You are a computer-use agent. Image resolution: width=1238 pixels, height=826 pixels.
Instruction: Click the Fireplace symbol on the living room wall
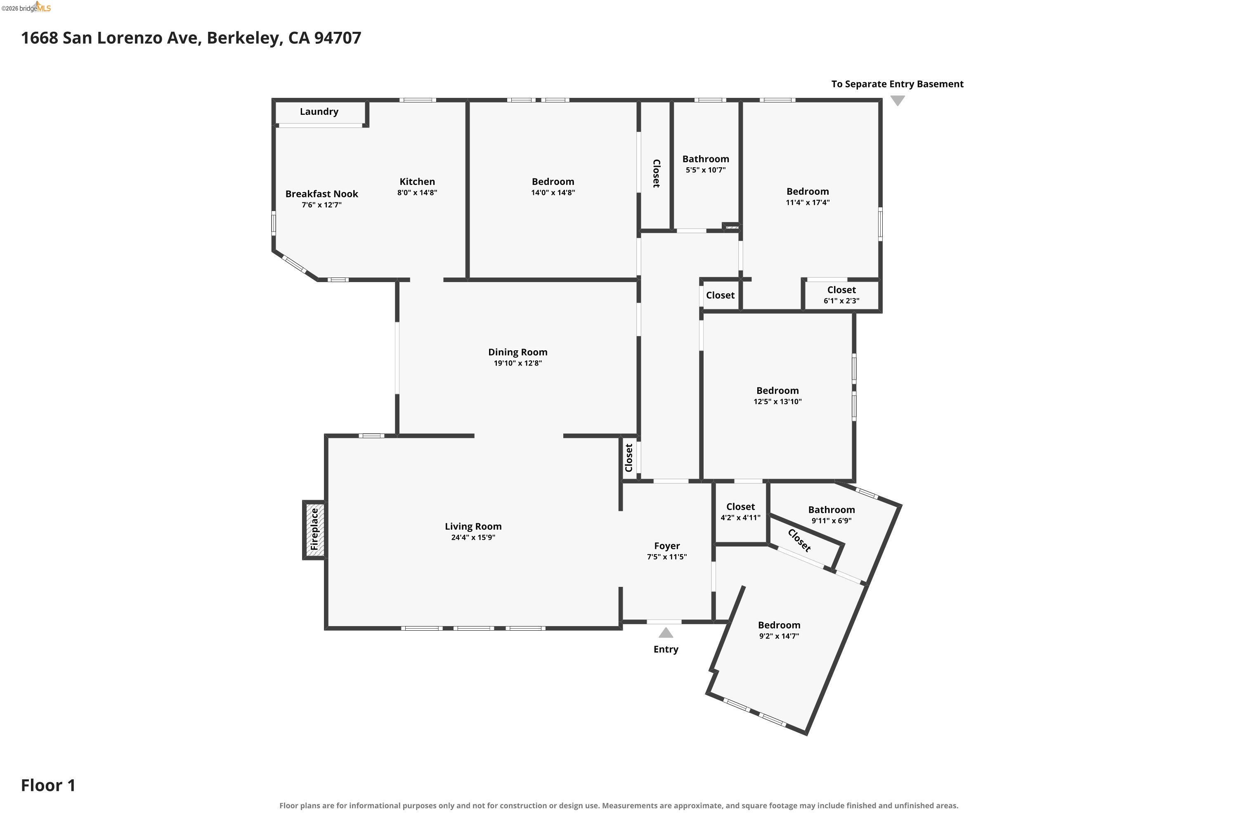click(x=314, y=529)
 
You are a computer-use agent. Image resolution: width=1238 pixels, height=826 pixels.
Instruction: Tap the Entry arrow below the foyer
click(x=666, y=633)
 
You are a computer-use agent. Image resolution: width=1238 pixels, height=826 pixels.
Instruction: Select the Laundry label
click(x=319, y=112)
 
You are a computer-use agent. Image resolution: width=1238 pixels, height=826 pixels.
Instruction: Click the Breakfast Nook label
click(x=321, y=194)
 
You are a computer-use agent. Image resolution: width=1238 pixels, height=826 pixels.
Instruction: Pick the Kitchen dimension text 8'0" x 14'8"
click(x=417, y=193)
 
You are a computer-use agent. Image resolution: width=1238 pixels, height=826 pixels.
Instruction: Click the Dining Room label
click(x=517, y=352)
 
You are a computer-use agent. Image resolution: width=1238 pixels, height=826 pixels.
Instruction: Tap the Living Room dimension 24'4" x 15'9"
click(x=473, y=537)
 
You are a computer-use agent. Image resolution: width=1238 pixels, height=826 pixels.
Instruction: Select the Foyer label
click(x=667, y=546)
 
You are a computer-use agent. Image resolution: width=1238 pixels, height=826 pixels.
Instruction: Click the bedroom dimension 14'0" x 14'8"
click(x=553, y=193)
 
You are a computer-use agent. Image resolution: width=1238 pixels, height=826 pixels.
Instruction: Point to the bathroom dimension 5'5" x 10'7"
click(x=705, y=170)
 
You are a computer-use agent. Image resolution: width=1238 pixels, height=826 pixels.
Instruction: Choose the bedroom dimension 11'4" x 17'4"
click(x=808, y=202)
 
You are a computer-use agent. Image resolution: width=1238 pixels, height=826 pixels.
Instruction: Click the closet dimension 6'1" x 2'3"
click(x=841, y=301)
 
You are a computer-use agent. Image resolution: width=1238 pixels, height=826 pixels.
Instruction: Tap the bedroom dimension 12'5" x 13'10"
click(x=777, y=401)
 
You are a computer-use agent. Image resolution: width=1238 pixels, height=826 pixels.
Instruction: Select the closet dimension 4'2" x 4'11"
click(x=740, y=518)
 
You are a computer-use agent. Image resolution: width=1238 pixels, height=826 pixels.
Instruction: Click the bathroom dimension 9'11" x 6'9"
click(x=831, y=520)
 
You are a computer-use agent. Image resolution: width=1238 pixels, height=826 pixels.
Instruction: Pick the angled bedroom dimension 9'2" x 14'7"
click(x=779, y=636)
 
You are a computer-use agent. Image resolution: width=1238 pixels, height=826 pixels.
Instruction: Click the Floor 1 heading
click(x=48, y=786)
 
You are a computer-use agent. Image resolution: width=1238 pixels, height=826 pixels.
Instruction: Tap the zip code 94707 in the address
click(x=338, y=38)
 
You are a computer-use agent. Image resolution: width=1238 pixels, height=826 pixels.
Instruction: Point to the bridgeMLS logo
click(x=26, y=7)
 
